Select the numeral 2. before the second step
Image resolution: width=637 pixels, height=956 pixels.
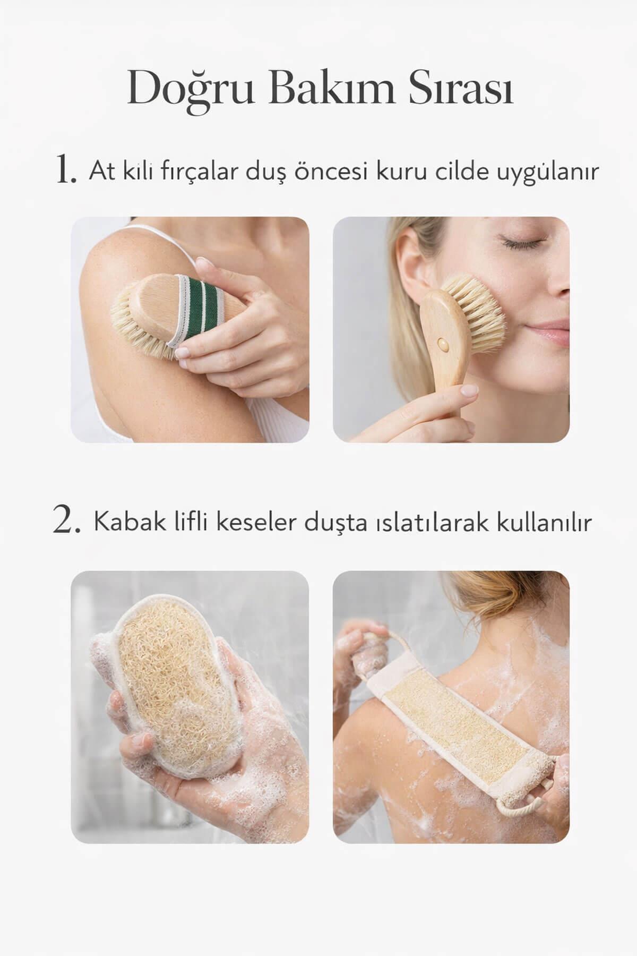point(67,522)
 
